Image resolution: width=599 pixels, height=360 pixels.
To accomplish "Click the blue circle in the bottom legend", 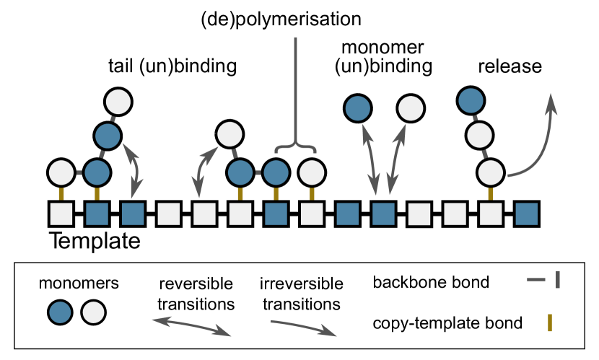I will tap(60, 312).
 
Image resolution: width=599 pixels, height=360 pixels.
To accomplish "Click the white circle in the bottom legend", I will tap(94, 312).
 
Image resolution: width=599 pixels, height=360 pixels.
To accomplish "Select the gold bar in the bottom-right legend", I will tap(550, 322).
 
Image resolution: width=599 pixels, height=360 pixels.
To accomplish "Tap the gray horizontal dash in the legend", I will tap(536, 279).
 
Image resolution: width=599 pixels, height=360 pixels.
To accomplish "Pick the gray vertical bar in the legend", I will tap(558, 279).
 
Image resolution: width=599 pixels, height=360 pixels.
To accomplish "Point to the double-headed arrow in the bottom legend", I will tap(191, 326).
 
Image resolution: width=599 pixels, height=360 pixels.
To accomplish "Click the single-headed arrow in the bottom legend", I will tap(303, 328).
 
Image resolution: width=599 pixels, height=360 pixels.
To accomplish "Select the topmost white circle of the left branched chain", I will tap(118, 102).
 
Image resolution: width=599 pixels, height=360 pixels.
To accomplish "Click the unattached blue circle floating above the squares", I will tap(358, 108).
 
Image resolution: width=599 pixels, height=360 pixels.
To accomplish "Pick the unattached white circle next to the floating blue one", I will tap(411, 108).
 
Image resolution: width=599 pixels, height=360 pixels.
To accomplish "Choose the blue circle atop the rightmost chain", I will tap(471, 100).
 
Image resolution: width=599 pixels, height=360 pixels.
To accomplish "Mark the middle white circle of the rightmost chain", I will tap(479, 135).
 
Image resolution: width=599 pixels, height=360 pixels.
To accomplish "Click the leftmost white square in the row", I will tap(61, 214).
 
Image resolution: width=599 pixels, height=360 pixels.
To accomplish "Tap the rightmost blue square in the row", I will tap(526, 214).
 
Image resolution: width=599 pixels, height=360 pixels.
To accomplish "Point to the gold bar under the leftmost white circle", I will tap(61, 193).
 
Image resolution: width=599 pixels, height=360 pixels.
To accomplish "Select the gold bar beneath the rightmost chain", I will tap(490, 193).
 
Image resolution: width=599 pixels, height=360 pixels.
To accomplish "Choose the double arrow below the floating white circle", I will tap(397, 159).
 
